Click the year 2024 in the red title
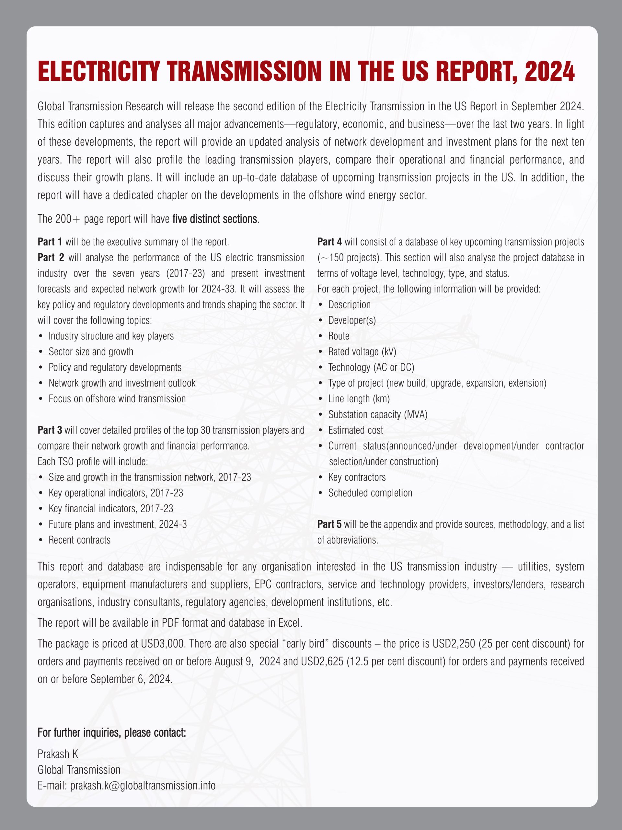(x=550, y=71)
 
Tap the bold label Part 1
(x=50, y=242)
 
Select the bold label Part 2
(x=51, y=258)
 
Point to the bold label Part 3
(x=50, y=430)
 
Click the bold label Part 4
(x=329, y=242)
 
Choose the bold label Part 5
(x=329, y=524)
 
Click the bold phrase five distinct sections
(x=215, y=219)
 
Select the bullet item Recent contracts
(x=79, y=540)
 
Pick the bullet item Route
(x=339, y=336)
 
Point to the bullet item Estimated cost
(x=355, y=430)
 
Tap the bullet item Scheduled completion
(x=370, y=493)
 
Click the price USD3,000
(x=162, y=644)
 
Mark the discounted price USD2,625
(x=322, y=661)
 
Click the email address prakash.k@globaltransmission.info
(x=143, y=785)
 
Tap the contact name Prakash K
(x=58, y=754)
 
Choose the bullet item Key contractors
(x=357, y=477)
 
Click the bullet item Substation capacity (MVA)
(x=377, y=415)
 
